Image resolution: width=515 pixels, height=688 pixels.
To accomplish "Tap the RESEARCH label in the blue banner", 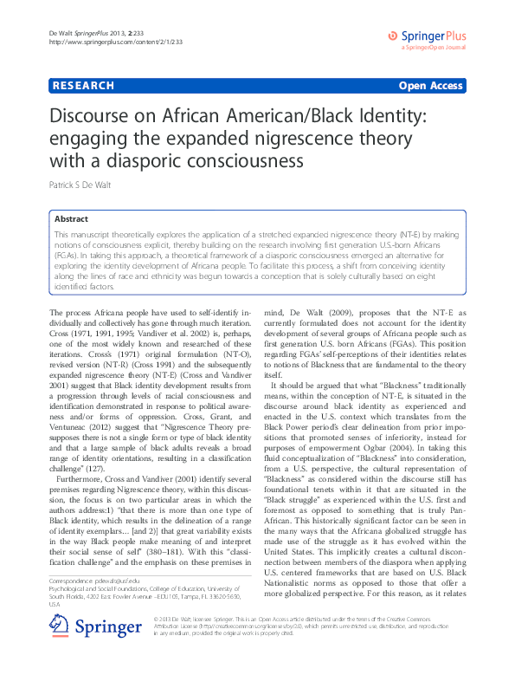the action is tap(84, 86).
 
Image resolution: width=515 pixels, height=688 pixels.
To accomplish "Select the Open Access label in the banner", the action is tap(430, 86).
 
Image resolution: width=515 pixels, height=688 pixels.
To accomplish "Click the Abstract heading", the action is tap(71, 220).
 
